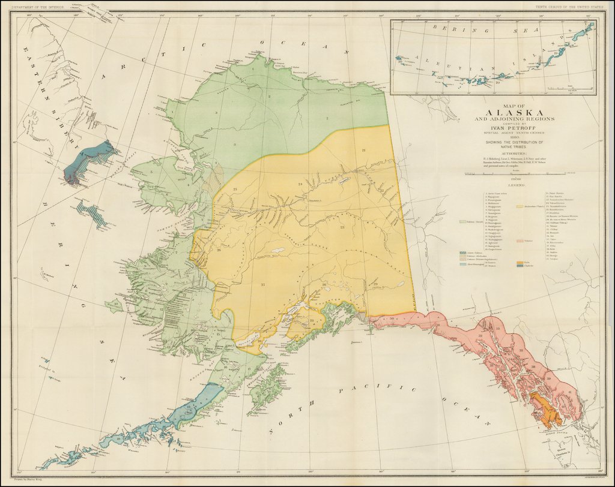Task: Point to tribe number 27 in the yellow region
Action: tap(263, 284)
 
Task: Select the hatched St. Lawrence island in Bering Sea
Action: tap(94, 214)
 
